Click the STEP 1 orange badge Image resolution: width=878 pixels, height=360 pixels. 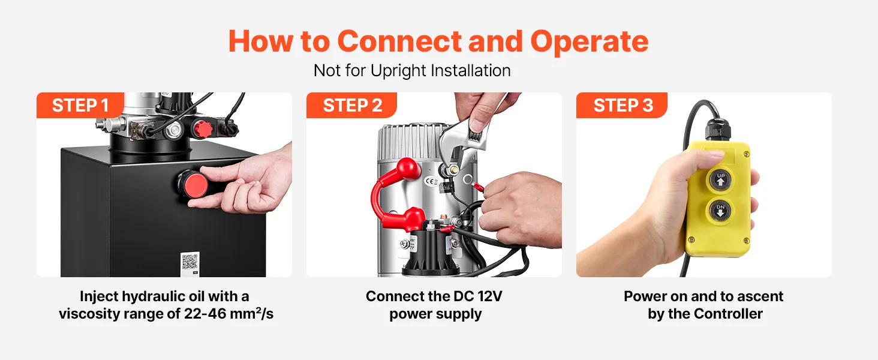80,105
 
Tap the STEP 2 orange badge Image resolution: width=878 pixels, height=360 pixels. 351,105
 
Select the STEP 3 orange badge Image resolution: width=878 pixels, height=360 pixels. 622,105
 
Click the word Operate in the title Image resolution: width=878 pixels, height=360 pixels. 589,41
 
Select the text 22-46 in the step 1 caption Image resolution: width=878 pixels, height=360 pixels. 205,314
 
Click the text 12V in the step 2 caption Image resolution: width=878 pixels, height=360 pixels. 489,296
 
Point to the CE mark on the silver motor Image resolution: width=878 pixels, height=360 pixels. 431,181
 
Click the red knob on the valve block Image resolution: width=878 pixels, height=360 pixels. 203,128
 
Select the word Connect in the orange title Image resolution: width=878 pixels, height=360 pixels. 399,41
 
